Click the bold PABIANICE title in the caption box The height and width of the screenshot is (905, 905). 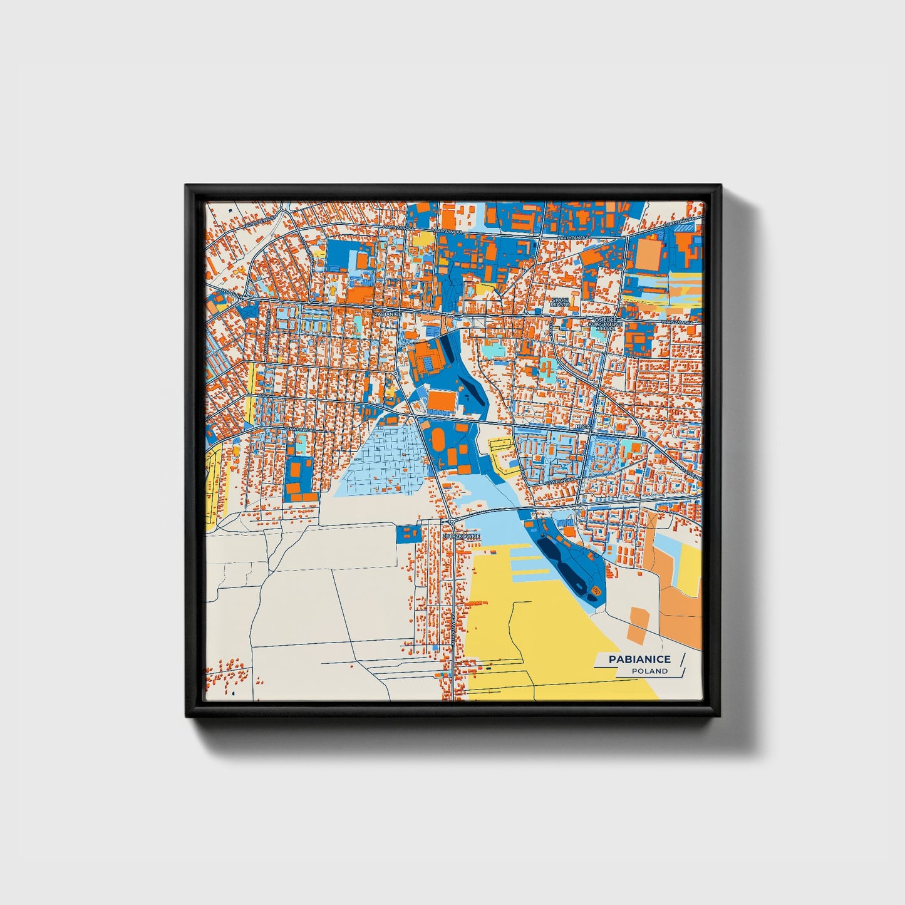[639, 659]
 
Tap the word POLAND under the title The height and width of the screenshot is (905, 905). [649, 671]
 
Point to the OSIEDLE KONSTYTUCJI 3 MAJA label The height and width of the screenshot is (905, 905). [606, 323]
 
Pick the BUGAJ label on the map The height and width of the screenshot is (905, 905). [583, 427]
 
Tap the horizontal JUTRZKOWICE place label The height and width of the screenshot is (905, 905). [461, 537]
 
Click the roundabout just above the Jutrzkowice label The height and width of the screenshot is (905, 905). [451, 521]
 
